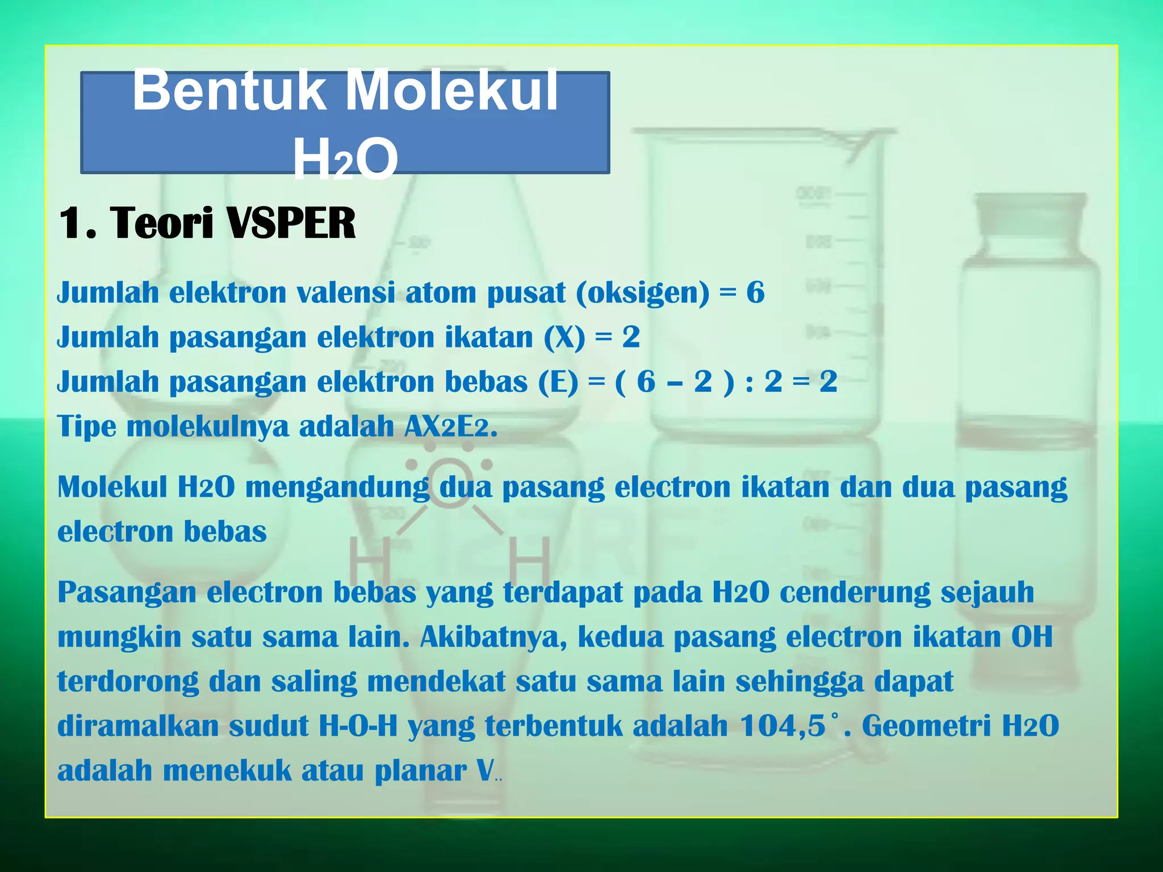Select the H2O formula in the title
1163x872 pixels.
[345, 160]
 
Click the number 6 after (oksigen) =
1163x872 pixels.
[755, 293]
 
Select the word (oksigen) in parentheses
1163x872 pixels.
[642, 293]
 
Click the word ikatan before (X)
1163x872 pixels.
[489, 337]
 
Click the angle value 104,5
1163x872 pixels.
[783, 726]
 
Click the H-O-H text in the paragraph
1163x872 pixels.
[358, 726]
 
